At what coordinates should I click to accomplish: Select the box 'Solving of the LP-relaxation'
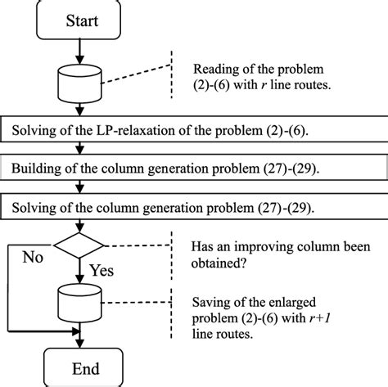coord(193,130)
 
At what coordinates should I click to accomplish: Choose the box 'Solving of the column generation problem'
coord(193,205)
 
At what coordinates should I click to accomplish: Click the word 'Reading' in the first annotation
coord(214,70)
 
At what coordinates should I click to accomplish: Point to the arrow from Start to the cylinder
coord(79,50)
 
